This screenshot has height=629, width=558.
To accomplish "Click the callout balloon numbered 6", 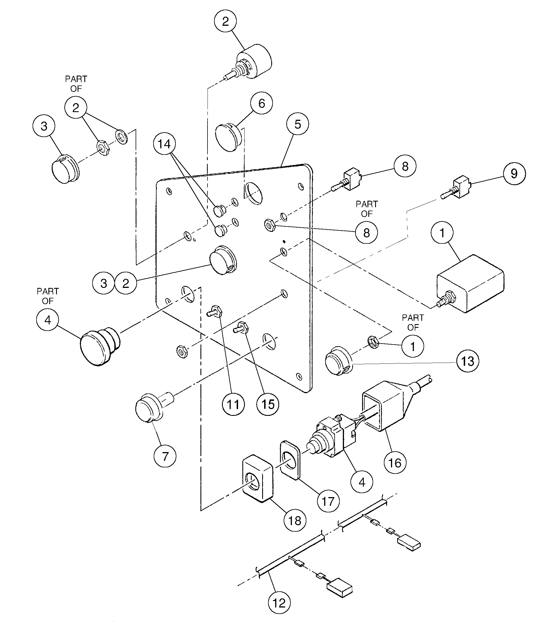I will [261, 103].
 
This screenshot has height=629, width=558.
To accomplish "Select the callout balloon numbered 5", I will [297, 124].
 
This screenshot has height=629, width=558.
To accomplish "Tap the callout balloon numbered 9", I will [514, 174].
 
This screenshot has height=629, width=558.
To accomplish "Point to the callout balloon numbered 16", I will [395, 471].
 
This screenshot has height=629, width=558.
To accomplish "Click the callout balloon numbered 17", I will [328, 501].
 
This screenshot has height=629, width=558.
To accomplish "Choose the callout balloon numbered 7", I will [165, 456].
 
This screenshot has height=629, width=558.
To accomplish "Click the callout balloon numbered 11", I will [233, 404].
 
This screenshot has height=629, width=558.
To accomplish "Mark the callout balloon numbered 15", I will [268, 404].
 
